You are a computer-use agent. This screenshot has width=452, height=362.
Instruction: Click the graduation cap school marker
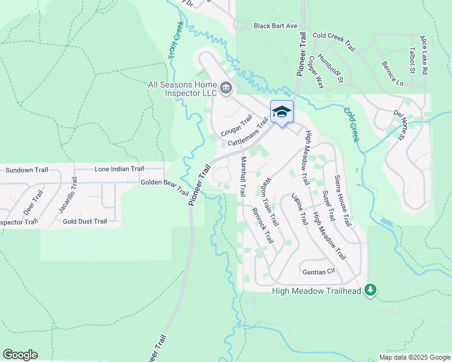282,112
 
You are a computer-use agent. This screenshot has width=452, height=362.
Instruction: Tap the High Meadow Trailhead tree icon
370,291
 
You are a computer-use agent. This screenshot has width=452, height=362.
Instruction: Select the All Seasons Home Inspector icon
225,89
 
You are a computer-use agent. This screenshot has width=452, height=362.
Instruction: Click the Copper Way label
316,72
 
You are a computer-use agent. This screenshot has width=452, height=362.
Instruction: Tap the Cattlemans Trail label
248,135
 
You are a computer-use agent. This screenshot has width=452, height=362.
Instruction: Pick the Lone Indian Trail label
119,170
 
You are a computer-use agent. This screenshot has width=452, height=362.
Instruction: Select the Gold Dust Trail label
85,221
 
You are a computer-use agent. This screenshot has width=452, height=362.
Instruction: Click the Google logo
20,355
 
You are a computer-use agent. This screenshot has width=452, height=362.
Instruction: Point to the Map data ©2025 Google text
414,357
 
